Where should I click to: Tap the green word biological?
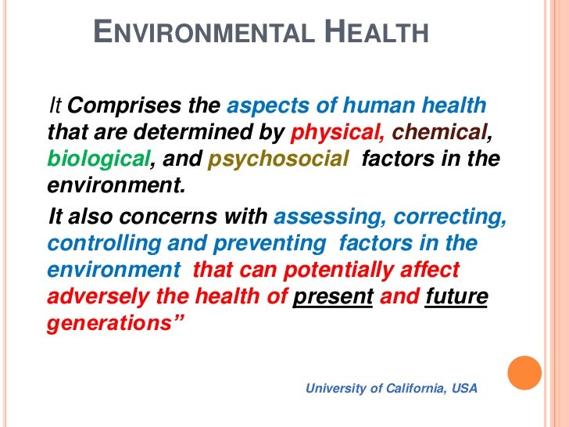tap(98, 160)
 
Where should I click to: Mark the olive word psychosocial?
tap(277, 160)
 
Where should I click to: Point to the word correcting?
tap(450, 217)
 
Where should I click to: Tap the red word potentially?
tap(341, 270)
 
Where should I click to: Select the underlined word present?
tap(332, 296)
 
